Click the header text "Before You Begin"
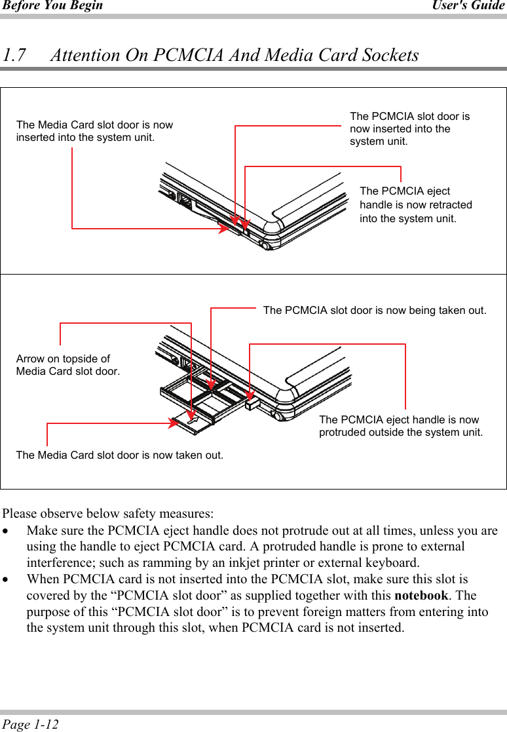(52, 6)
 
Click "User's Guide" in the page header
(468, 6)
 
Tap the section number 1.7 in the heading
(14, 55)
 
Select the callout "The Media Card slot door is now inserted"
(94, 131)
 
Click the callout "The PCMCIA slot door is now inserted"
(409, 128)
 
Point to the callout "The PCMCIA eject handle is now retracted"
(415, 204)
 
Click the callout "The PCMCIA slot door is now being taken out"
(375, 311)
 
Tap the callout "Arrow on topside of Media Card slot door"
(67, 365)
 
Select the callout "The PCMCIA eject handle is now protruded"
(400, 426)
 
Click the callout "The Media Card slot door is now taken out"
(119, 455)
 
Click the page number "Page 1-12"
(30, 724)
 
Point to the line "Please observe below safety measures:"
(107, 512)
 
